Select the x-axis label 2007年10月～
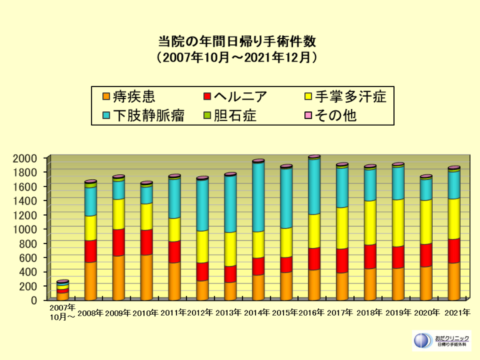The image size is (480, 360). click(62, 312)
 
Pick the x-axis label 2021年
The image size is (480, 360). click(454, 313)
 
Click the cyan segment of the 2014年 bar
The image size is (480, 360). click(258, 197)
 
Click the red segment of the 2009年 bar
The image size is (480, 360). click(118, 242)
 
